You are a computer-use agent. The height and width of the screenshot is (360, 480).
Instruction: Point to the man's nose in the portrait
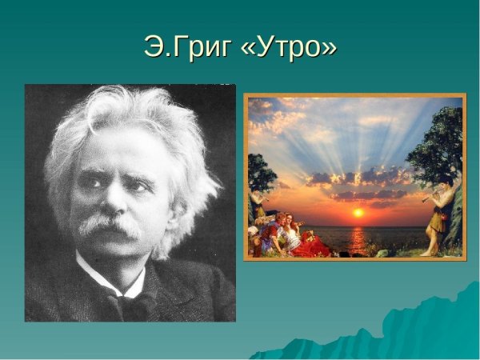click(x=114, y=204)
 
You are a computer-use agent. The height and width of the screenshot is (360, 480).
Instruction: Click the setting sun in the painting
click(x=358, y=213)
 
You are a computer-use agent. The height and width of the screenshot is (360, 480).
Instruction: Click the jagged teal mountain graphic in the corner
click(x=400, y=332)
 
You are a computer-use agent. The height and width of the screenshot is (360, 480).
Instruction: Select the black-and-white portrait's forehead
click(x=112, y=148)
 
